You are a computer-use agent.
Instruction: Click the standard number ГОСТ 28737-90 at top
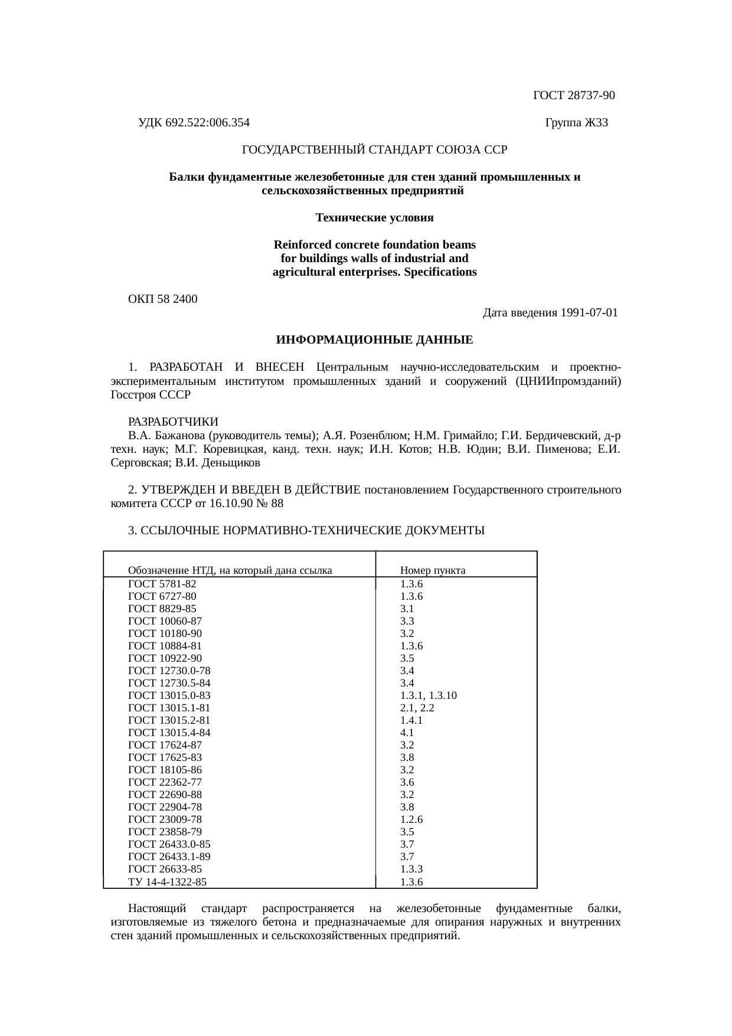[574, 96]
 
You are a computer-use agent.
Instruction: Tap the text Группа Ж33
[576, 123]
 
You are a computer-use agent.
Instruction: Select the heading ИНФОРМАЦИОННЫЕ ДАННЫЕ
[374, 341]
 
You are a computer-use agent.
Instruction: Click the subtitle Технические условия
[374, 218]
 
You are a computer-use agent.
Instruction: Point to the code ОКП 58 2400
[163, 299]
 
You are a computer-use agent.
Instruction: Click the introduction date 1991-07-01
[590, 313]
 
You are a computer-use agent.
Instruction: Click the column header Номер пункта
[433, 570]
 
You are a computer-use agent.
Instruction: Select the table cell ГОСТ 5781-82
[162, 584]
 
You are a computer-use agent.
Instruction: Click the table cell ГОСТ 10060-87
[165, 621]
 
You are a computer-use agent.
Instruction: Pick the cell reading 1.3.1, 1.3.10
[428, 695]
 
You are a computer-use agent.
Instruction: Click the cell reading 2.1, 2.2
[417, 708]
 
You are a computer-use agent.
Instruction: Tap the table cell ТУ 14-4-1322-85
[167, 883]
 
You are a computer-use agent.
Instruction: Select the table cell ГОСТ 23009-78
[165, 819]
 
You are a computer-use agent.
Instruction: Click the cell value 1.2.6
[411, 819]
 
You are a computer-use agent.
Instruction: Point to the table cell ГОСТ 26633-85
[165, 869]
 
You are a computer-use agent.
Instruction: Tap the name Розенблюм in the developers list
[376, 436]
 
